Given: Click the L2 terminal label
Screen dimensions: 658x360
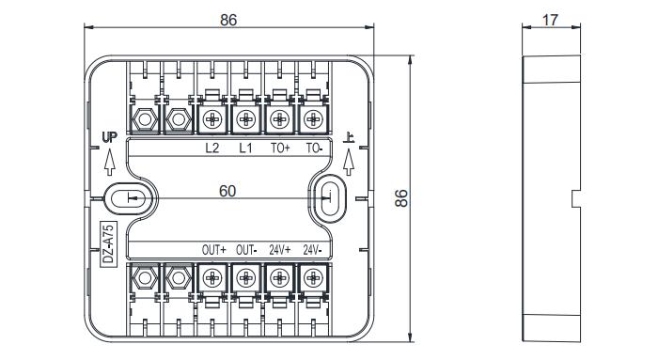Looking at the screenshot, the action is coord(211,148).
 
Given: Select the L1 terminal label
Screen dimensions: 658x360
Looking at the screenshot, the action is coord(246,148).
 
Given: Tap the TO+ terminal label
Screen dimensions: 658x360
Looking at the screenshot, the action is coord(280,148).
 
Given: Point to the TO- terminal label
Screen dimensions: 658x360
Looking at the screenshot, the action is coord(314,148).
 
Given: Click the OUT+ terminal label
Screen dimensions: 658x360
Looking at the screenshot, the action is coord(213,250).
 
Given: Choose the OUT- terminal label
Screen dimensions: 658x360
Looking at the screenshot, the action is coord(246,250).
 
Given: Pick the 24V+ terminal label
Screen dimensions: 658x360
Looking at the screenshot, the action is coord(280,250).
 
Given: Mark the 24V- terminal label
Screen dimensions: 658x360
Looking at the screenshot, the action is coord(313,250).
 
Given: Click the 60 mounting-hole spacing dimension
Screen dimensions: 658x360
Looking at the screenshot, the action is coord(227,191).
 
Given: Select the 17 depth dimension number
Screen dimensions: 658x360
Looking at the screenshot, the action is coord(550,20).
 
